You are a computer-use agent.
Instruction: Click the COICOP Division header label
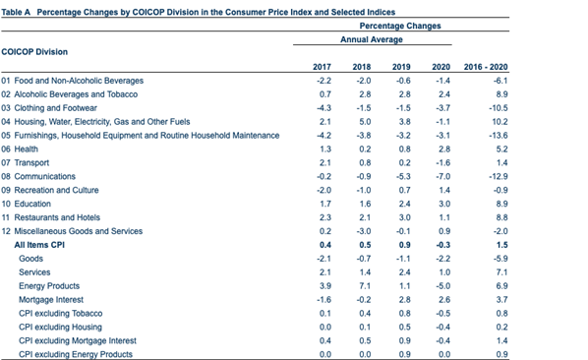click(34, 49)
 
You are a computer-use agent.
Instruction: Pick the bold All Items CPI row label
click(39, 244)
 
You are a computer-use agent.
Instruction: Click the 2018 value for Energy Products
click(364, 285)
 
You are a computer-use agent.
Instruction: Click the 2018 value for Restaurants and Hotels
click(364, 216)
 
